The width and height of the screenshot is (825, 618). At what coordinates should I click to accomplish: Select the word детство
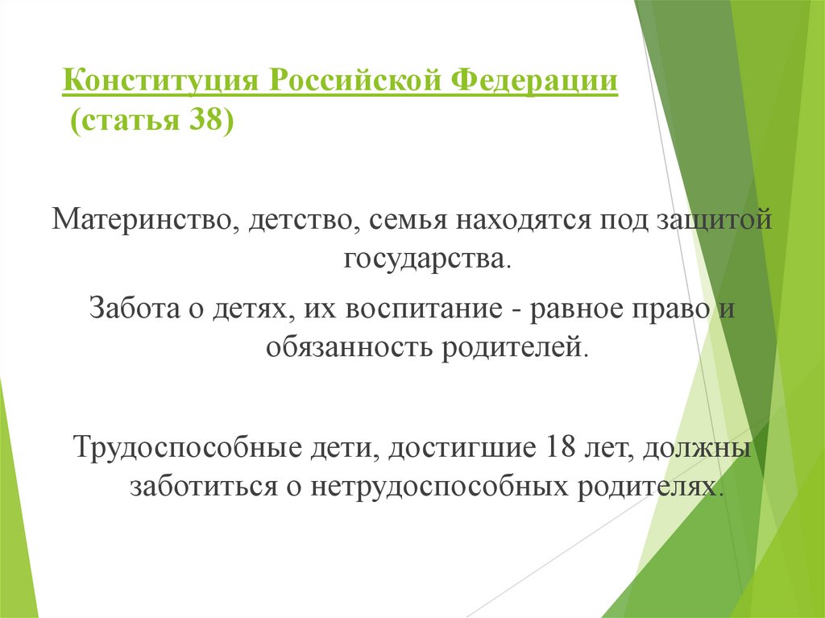[298, 218]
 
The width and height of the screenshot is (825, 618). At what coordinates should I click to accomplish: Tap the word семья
[407, 218]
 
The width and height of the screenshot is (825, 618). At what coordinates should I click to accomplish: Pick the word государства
[427, 259]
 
